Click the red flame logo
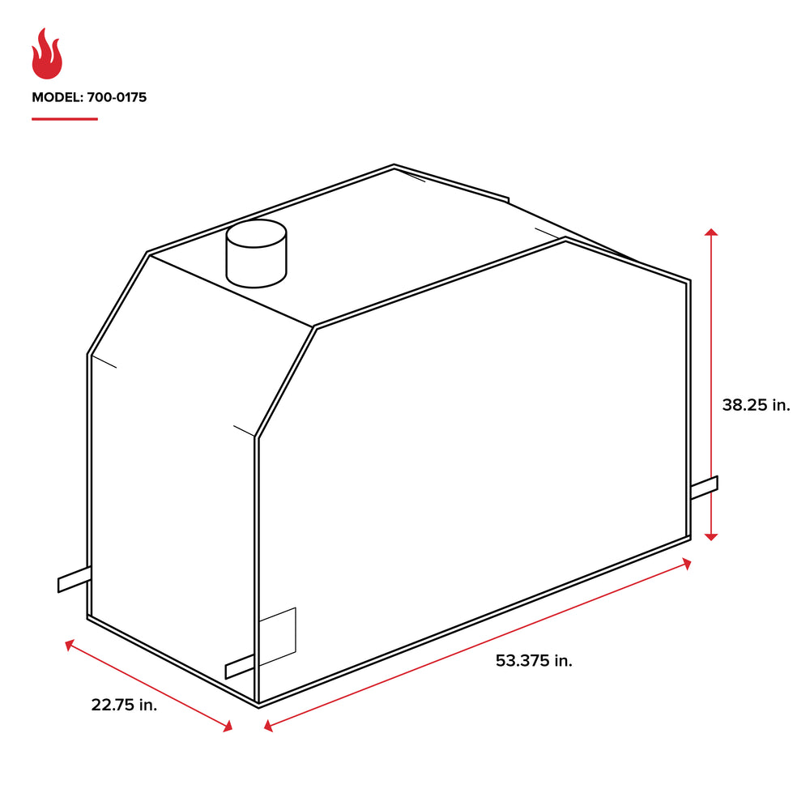pyautogui.click(x=47, y=54)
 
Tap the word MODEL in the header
pyautogui.click(x=54, y=98)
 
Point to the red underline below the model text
pyautogui.click(x=65, y=119)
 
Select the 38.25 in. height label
pyautogui.click(x=755, y=405)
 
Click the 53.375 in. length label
pyautogui.click(x=534, y=661)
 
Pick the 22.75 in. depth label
pyautogui.click(x=124, y=705)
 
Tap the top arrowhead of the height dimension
pyautogui.click(x=710, y=233)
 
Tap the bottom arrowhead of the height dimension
pyautogui.click(x=710, y=535)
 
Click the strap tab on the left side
pyautogui.click(x=73, y=579)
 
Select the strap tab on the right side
pyautogui.click(x=704, y=486)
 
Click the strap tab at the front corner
pyautogui.click(x=241, y=667)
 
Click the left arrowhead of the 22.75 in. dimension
pyautogui.click(x=70, y=645)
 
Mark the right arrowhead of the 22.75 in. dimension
pyautogui.click(x=228, y=727)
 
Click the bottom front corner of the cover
pyautogui.click(x=258, y=705)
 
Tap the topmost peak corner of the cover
pyautogui.click(x=394, y=166)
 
